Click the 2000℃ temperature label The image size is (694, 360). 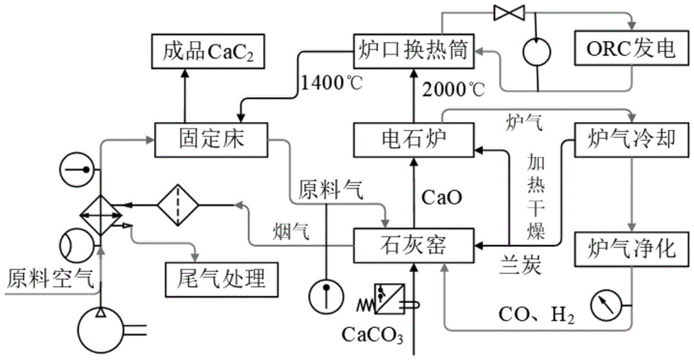pyautogui.click(x=454, y=88)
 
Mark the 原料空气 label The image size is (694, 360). pyautogui.click(x=49, y=278)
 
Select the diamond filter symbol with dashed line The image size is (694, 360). pyautogui.click(x=177, y=205)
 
